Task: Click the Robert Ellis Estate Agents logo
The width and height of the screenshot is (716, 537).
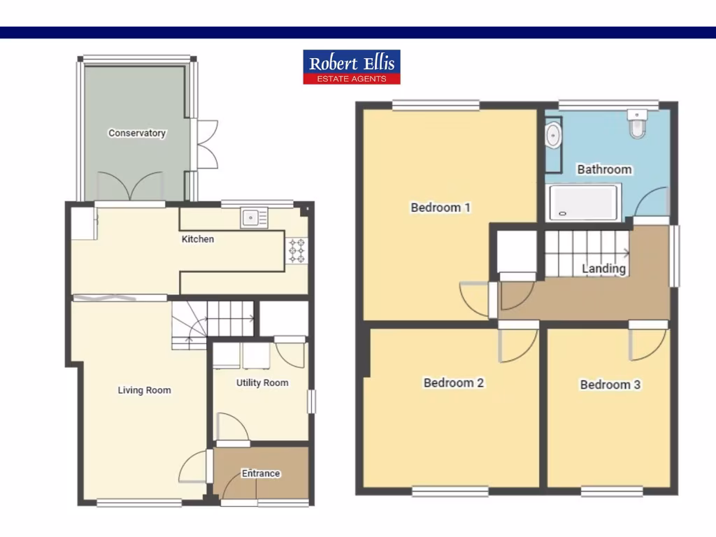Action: (x=352, y=67)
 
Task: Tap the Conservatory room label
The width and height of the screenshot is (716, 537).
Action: (x=137, y=133)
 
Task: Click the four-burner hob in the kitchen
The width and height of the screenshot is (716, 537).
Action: (x=296, y=251)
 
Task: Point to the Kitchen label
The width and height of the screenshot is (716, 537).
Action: (x=198, y=239)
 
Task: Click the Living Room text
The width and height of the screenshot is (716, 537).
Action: (x=144, y=390)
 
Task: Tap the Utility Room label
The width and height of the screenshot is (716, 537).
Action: (x=262, y=382)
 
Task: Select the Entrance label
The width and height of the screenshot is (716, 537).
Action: (x=261, y=473)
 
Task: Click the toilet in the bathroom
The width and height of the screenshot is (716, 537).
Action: (x=638, y=124)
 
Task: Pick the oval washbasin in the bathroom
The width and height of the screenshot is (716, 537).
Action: (x=553, y=135)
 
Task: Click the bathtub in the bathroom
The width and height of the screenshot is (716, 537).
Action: (x=584, y=202)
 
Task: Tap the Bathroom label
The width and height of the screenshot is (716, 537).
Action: (x=604, y=169)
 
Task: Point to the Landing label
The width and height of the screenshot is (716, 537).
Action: (x=604, y=268)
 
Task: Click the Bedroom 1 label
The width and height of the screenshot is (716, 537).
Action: (x=441, y=207)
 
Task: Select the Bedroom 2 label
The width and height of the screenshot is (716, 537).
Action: (x=454, y=382)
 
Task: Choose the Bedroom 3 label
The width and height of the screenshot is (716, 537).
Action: (x=610, y=384)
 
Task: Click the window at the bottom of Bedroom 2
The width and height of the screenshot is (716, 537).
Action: (x=450, y=492)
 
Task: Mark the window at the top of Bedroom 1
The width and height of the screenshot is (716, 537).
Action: (x=436, y=105)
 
